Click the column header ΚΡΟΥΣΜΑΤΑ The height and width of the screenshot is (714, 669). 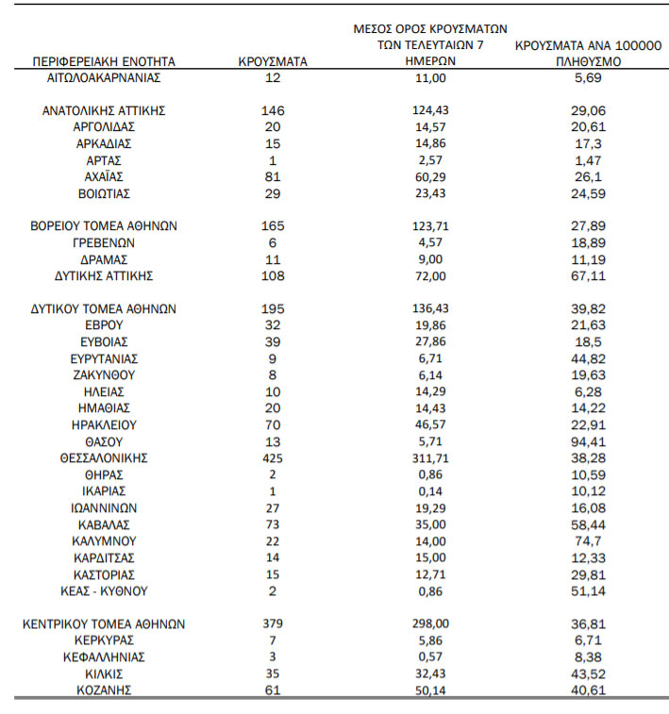[273, 61]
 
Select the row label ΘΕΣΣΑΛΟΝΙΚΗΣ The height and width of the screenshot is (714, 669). [104, 457]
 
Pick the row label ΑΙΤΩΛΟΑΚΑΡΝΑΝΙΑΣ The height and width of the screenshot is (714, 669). [104, 77]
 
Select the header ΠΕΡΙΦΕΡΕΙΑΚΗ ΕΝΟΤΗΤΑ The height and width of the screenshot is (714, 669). [104, 61]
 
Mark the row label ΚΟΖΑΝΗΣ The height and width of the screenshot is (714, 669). [104, 690]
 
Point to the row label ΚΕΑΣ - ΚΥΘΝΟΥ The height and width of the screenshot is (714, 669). [104, 590]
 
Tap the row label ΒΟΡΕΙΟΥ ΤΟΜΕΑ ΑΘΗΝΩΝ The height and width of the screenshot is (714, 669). [104, 226]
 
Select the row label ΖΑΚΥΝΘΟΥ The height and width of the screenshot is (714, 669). [104, 374]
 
